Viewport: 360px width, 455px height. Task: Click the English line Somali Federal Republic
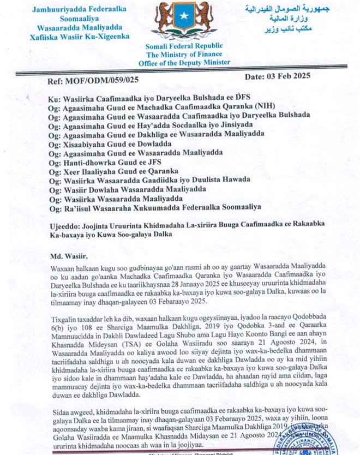[181, 46]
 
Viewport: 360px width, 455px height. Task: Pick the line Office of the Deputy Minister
[181, 63]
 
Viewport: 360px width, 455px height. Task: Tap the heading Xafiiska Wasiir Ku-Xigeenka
[80, 37]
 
